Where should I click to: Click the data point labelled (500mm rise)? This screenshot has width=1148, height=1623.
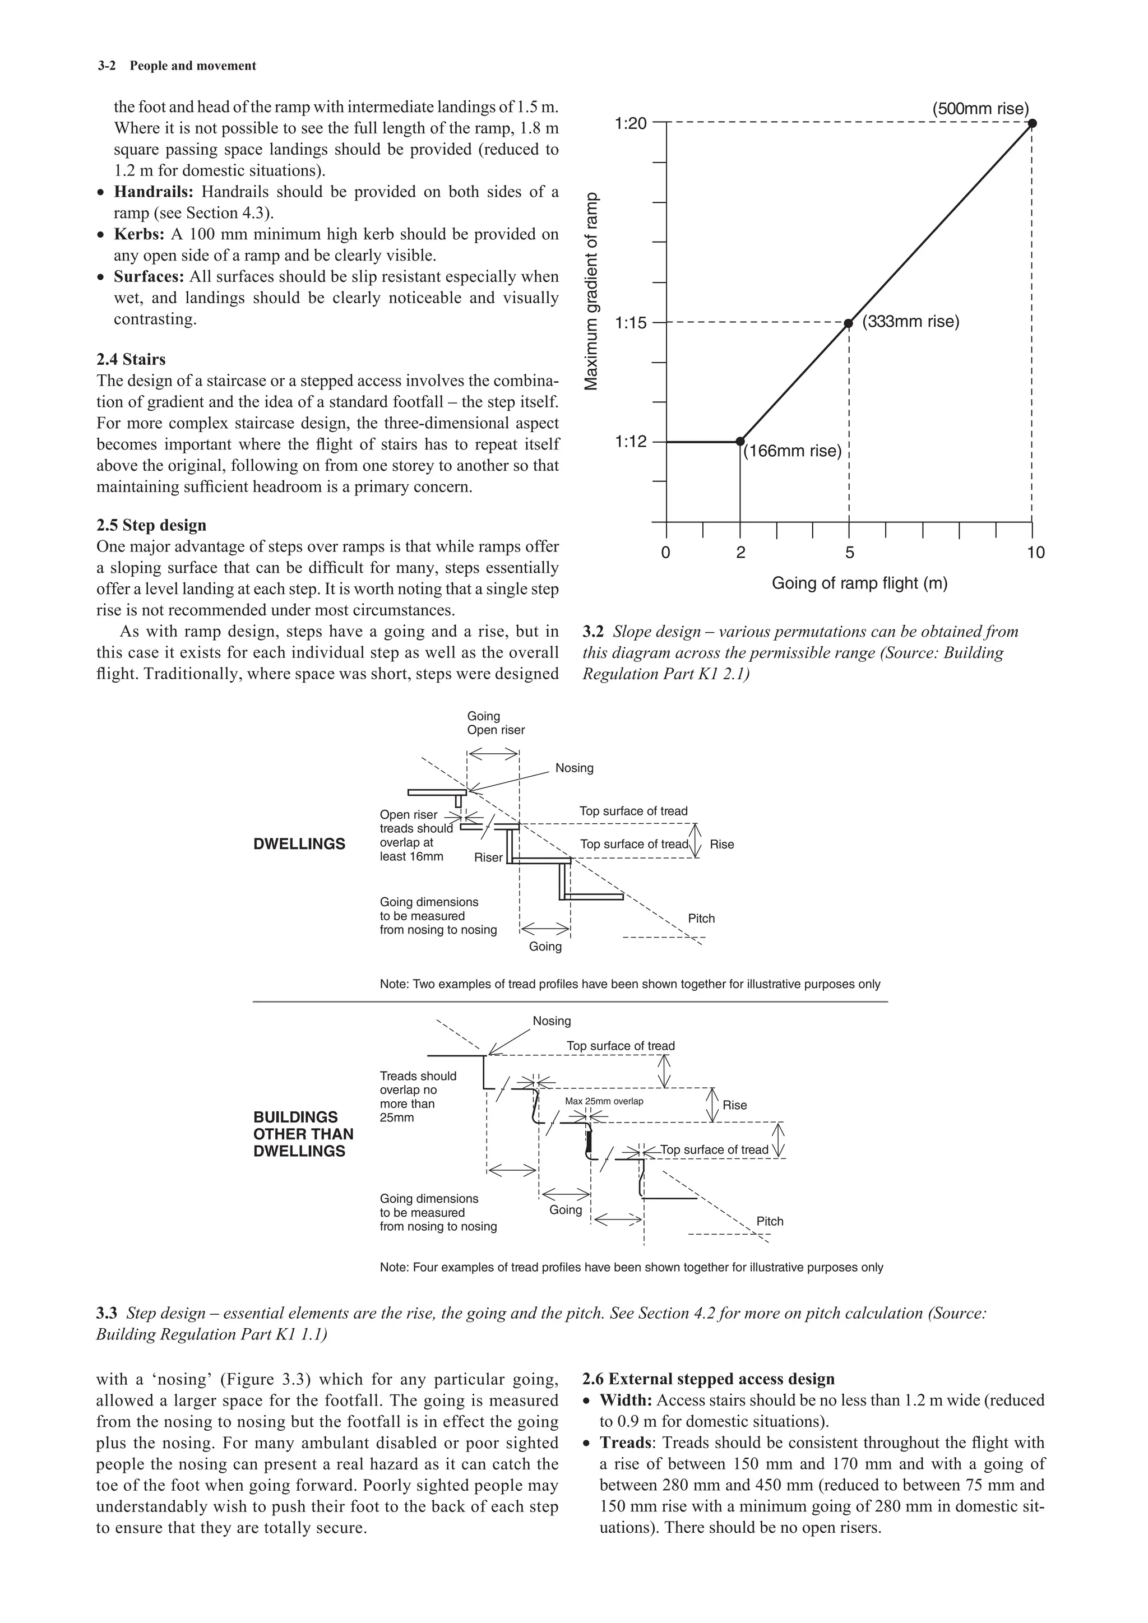click(x=1032, y=123)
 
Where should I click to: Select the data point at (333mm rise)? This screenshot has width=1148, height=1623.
click(x=849, y=323)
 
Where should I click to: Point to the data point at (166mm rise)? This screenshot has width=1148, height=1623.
click(x=740, y=441)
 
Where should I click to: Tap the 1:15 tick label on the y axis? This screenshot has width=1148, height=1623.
click(x=631, y=323)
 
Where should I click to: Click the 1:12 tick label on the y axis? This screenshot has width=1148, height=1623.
click(x=631, y=442)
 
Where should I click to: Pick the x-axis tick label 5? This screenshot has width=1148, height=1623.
click(x=849, y=553)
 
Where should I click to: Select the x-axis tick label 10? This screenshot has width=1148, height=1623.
click(x=1035, y=553)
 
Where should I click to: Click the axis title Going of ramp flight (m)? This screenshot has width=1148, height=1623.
click(x=859, y=584)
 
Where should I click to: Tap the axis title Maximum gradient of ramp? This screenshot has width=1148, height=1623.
click(x=592, y=291)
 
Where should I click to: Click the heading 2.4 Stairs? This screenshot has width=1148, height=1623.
click(x=131, y=359)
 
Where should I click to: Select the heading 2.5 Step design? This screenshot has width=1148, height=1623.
click(x=151, y=525)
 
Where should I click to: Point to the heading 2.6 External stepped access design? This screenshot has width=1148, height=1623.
click(x=709, y=1379)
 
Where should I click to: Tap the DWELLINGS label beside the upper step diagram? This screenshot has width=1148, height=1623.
click(x=299, y=844)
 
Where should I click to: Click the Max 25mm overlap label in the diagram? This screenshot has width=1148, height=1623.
click(x=604, y=1101)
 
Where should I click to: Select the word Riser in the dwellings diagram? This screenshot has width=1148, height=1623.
click(x=488, y=857)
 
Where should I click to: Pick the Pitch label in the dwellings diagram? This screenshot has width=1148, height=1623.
click(x=701, y=918)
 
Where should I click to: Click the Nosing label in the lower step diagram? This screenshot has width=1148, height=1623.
click(x=552, y=1021)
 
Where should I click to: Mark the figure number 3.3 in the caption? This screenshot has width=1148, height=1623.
click(x=106, y=1314)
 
